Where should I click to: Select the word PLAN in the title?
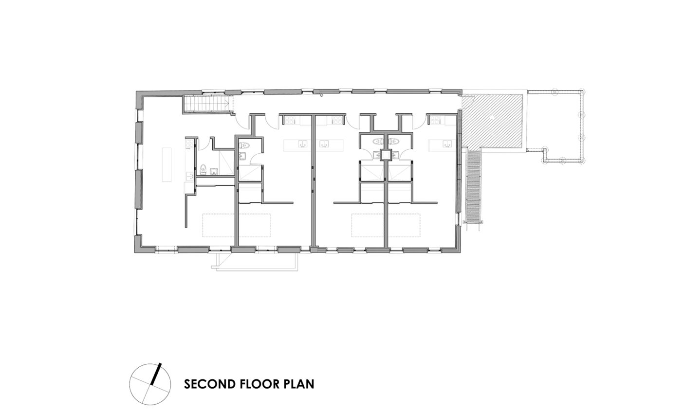coord(299,384)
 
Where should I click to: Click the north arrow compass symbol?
coord(150,384)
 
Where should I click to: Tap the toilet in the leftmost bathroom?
coord(203,168)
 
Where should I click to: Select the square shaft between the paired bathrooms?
coord(386,155)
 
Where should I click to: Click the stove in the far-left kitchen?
coord(189,143)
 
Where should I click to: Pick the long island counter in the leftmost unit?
coord(167,164)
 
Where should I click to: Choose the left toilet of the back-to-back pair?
coord(378,141)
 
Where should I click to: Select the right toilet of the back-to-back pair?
coord(394,141)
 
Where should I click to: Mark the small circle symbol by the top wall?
coord(321,95)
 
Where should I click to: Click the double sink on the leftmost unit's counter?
coord(189,176)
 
